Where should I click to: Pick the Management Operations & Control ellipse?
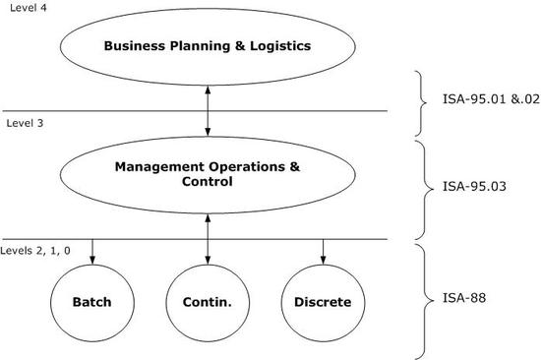coord(207,174)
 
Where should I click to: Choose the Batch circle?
coord(92,302)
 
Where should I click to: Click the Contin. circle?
coord(207,302)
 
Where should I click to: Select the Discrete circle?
coord(323,302)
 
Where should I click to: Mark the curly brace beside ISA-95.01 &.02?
coord(424,102)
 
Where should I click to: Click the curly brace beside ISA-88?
coord(424,300)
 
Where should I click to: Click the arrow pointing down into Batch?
coord(92,252)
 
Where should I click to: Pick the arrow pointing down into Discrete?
coord(323,252)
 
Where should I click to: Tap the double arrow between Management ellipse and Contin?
coord(207,238)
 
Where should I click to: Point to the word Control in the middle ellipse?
coord(207,182)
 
